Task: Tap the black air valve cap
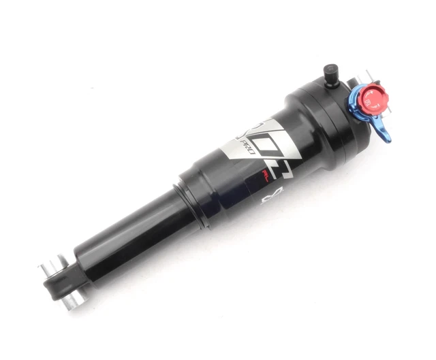tap(330, 71)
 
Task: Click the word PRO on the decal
tap(249, 148)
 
